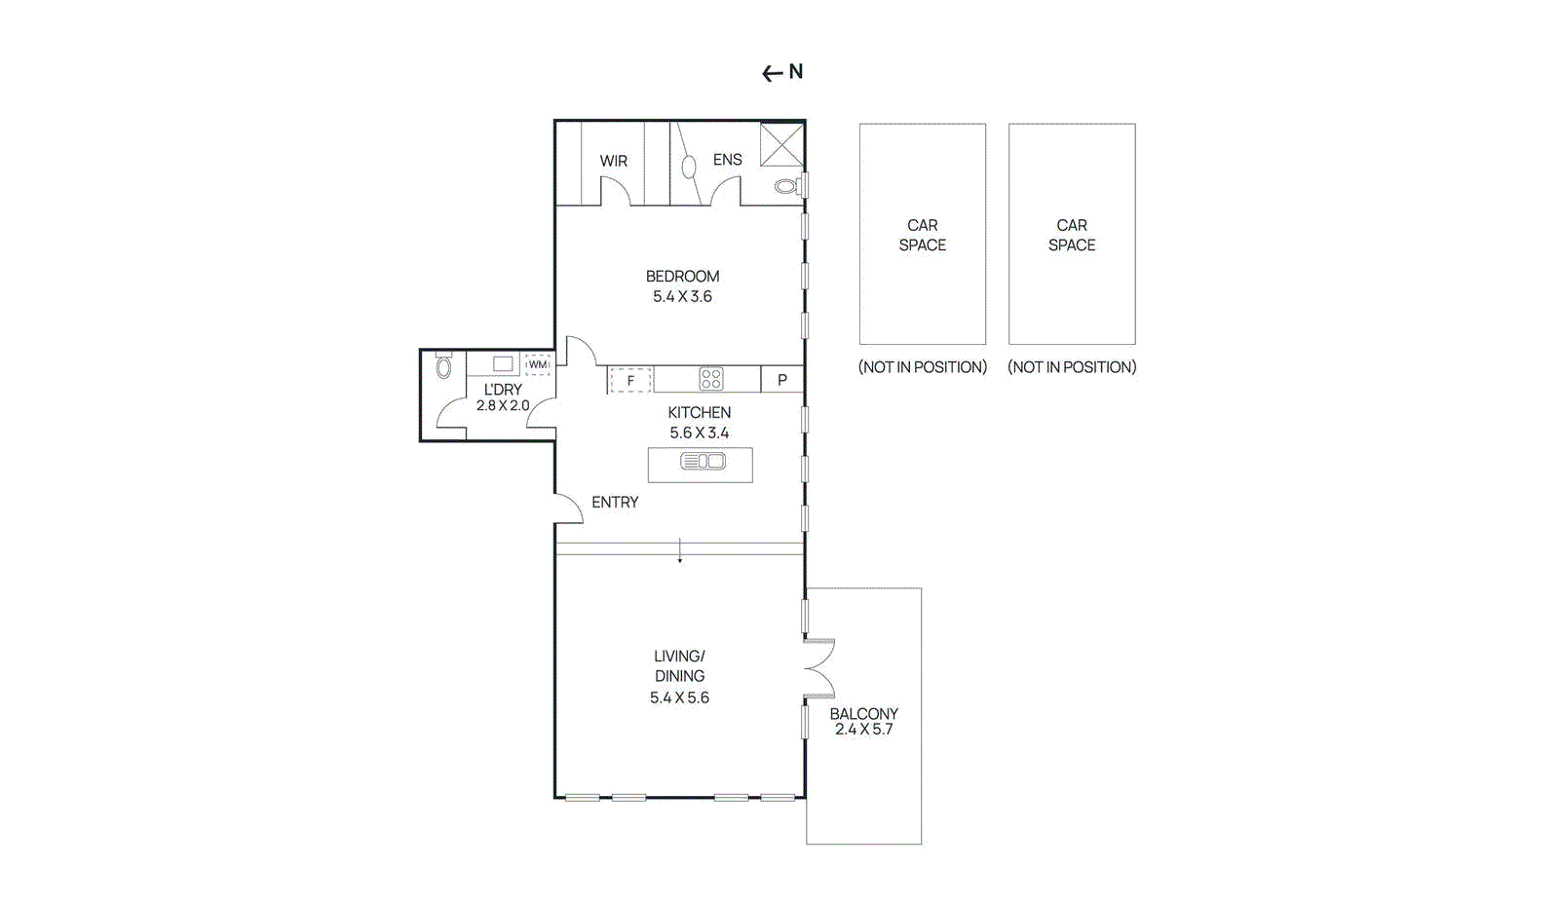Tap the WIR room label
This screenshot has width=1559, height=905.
pyautogui.click(x=614, y=161)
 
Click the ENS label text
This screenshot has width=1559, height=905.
pyautogui.click(x=727, y=160)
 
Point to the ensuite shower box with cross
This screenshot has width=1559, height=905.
pyautogui.click(x=781, y=145)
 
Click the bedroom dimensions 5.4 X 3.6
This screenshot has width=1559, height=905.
pyautogui.click(x=682, y=296)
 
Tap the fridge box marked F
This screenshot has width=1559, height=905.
pyautogui.click(x=630, y=380)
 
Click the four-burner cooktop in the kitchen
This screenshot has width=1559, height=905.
pyautogui.click(x=711, y=379)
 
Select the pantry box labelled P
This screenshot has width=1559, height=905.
pyautogui.click(x=781, y=380)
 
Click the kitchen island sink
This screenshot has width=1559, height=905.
pyautogui.click(x=703, y=461)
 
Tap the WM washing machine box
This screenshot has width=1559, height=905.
pyautogui.click(x=538, y=364)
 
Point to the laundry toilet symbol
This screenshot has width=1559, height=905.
pyautogui.click(x=444, y=367)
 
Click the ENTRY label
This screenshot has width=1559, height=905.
pyautogui.click(x=615, y=502)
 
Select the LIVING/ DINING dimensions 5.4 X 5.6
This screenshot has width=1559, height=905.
pyautogui.click(x=679, y=698)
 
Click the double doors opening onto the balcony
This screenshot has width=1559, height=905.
pyautogui.click(x=819, y=668)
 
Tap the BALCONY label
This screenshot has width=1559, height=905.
pyautogui.click(x=863, y=713)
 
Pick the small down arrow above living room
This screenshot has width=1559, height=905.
pyautogui.click(x=680, y=552)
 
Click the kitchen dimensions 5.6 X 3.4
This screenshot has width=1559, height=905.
pyautogui.click(x=699, y=433)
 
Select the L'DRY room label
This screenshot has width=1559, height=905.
pyautogui.click(x=503, y=389)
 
